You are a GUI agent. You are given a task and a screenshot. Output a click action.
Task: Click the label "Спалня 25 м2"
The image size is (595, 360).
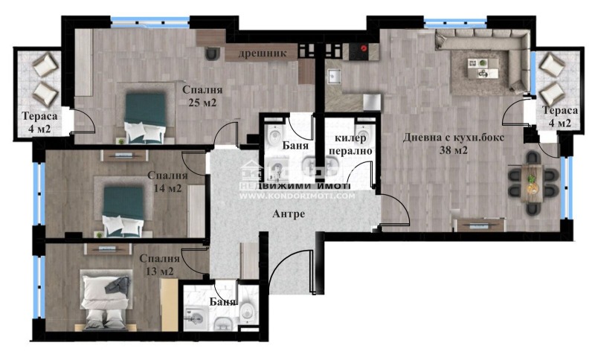(x=203, y=96)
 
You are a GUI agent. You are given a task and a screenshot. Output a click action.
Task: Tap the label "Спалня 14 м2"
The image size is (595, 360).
(x=164, y=181)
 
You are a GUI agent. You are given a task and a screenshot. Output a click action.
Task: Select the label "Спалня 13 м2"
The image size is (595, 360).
(x=156, y=265)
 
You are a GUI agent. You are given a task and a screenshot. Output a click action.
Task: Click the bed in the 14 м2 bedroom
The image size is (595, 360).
(x=122, y=210)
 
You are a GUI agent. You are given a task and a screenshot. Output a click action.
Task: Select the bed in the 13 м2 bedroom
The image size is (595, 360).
(x=106, y=300)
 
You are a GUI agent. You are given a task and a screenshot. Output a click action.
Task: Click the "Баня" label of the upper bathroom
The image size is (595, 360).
(x=296, y=146)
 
